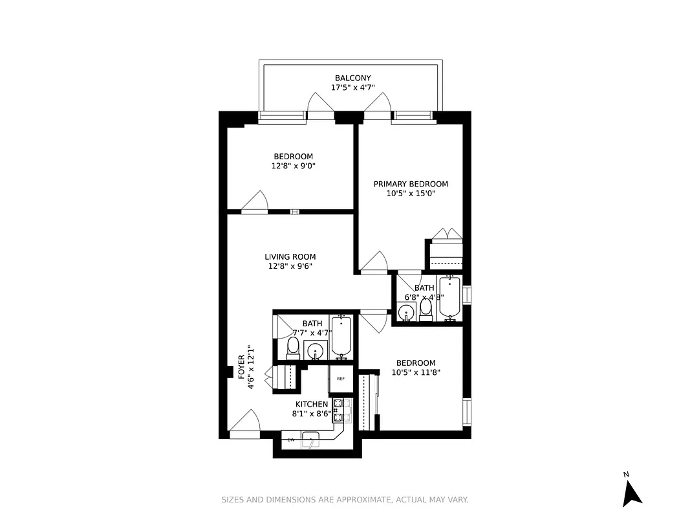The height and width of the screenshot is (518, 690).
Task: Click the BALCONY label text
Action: pos(352,78)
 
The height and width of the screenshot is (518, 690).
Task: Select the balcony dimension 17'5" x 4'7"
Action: pos(352,87)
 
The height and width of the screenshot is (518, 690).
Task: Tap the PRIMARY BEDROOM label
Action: pos(411,184)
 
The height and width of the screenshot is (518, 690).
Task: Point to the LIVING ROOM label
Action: pos(290,257)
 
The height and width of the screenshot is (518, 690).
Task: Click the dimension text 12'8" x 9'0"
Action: pos(293,166)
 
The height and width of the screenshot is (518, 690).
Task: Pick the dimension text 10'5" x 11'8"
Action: pos(416,372)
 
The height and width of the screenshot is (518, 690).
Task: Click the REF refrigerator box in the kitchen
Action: pos(340,379)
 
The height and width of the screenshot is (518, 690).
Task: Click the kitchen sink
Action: pos(314,440)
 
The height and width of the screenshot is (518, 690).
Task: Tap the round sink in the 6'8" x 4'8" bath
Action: pos(406,313)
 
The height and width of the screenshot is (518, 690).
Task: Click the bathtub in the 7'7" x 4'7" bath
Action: pos(341,337)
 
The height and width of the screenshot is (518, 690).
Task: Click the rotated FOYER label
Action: pos(241,366)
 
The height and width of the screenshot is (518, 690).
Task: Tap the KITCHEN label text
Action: pos(312,404)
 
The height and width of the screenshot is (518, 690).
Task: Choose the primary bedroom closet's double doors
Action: pos(447,234)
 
